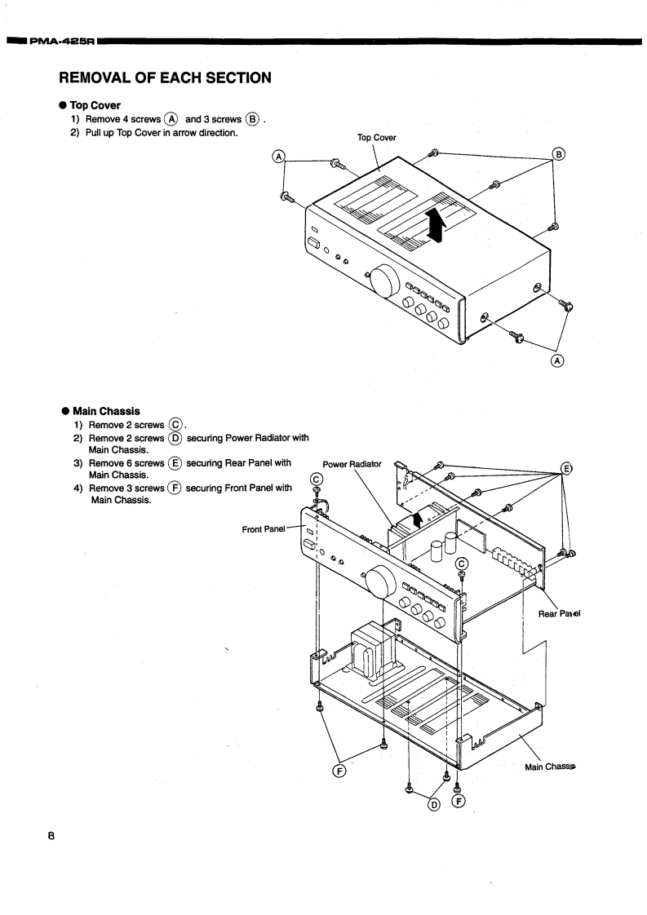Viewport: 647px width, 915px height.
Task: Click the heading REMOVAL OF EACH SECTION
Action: [164, 78]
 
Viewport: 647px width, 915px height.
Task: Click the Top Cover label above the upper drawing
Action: [377, 137]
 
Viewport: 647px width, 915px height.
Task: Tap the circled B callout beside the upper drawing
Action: [559, 154]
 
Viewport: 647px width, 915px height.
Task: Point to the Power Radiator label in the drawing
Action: [352, 464]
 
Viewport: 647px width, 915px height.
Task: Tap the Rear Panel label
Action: [559, 614]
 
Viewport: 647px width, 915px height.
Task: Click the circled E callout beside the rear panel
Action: [565, 469]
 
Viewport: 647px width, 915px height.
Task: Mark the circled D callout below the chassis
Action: [434, 805]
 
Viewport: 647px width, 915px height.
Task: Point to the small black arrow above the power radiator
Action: [419, 519]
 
